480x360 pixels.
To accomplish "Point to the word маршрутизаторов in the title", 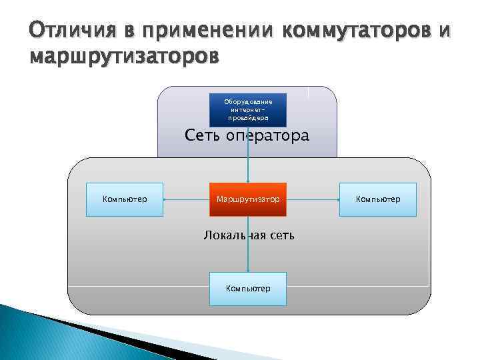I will point(123,57).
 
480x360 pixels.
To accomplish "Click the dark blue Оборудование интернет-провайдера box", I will point(247,109).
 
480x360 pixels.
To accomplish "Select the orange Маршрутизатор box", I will point(247,199).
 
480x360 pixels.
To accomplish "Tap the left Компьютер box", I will point(125,199).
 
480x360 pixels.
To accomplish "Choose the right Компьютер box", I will point(377,199).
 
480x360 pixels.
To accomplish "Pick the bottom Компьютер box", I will point(247,289).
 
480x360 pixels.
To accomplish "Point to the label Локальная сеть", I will point(248,235).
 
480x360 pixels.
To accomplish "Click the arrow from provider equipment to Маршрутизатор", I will point(248,155).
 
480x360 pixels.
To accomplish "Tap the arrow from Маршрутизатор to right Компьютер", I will point(313,199).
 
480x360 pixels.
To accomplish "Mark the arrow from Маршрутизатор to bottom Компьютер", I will point(248,253).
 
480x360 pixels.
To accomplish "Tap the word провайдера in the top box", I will point(247,117).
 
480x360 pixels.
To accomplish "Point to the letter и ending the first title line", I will point(445,31).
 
